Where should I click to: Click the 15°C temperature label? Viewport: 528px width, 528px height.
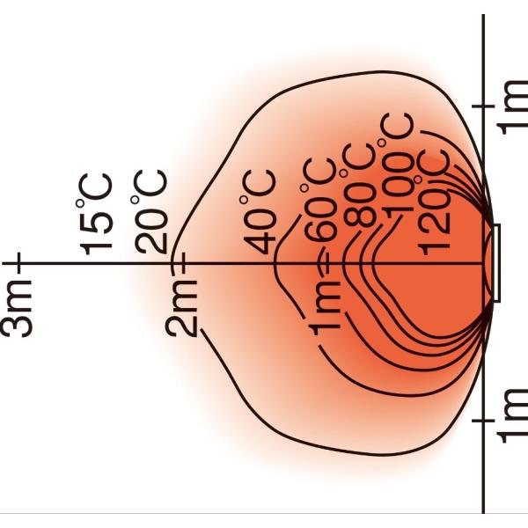point(94,215)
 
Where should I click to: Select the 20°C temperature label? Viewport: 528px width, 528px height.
point(150,212)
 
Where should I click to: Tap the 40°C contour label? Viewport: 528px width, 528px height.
point(259,213)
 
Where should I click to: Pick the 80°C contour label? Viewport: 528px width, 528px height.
point(360,185)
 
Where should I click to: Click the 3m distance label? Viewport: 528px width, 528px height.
point(17,305)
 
